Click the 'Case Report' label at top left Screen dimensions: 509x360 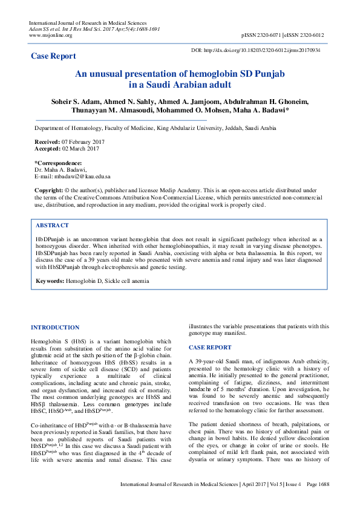coord(53,56)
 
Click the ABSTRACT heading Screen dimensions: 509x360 coord(52,225)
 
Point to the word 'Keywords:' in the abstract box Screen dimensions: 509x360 coord(50,282)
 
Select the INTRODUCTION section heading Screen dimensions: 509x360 coord(55,328)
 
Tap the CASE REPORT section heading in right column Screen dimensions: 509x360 coord(210,348)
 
